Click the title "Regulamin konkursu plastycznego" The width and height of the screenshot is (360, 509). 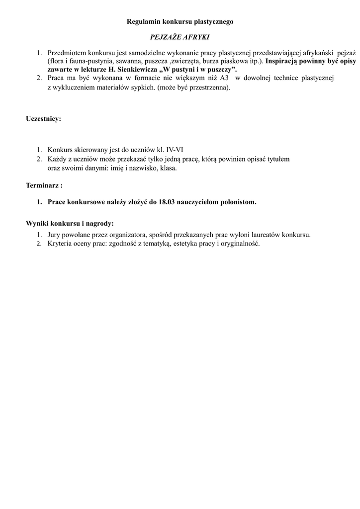point(180,22)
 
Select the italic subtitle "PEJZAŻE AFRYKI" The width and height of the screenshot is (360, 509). point(180,37)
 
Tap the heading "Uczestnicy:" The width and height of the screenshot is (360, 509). point(44,119)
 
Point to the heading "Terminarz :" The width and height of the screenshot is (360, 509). point(44,185)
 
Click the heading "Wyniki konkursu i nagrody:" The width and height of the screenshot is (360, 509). point(70,223)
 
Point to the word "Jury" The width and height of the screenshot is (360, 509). point(54,235)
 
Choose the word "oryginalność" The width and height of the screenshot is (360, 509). point(240,244)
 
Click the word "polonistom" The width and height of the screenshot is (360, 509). point(239,202)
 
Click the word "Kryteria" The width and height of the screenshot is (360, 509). point(60,244)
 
